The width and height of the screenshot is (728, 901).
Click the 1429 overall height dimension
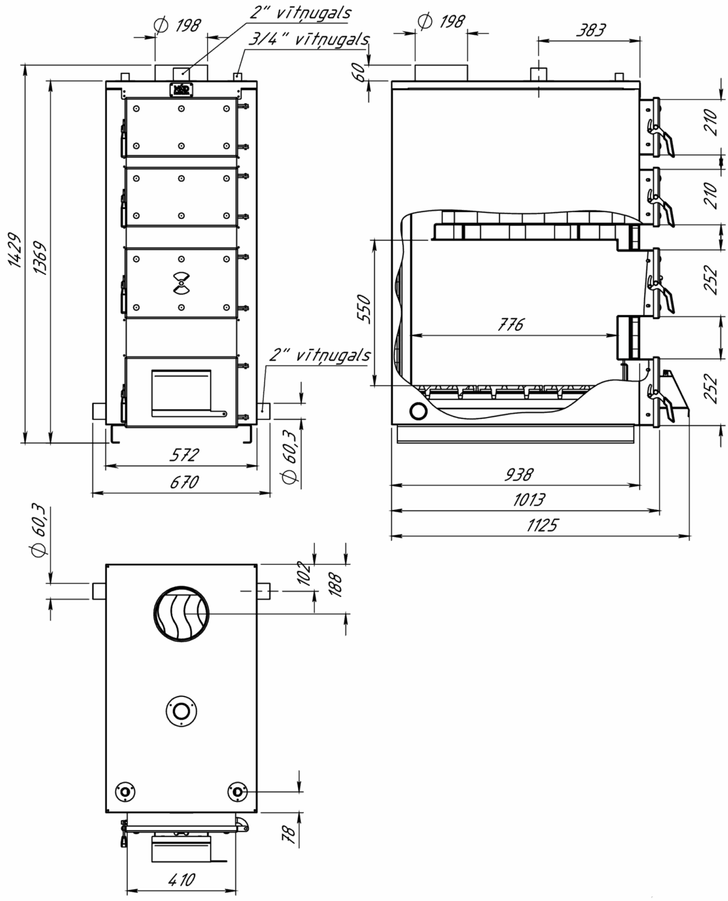(15, 249)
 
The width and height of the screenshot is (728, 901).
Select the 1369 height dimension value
(40, 258)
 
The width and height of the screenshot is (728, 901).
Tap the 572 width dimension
(184, 455)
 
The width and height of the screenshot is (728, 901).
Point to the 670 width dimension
(184, 482)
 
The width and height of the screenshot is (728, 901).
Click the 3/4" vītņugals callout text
(309, 39)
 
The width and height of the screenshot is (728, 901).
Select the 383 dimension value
(591, 30)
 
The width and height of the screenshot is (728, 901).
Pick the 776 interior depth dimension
(510, 324)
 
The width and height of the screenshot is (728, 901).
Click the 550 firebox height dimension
(364, 309)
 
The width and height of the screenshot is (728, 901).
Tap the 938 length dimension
(519, 475)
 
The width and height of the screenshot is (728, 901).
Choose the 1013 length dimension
(529, 500)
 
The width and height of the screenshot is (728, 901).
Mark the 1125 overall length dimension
(542, 526)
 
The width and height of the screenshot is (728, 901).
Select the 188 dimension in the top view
(336, 585)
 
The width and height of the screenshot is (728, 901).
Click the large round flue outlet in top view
(181, 614)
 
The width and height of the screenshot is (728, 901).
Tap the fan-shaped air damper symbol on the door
(181, 283)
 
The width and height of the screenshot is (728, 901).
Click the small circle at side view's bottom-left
(418, 411)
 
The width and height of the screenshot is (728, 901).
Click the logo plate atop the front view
(181, 89)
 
